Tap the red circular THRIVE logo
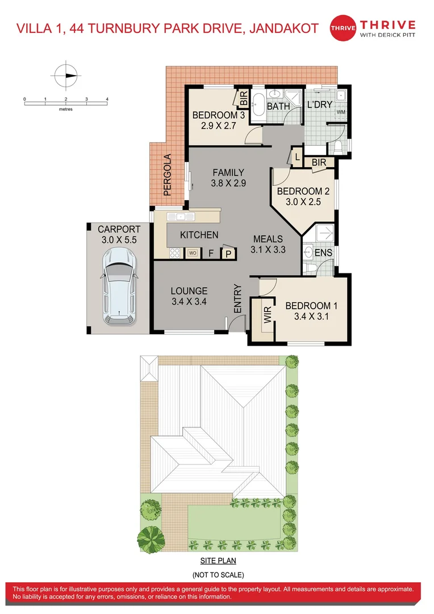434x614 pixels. [x=343, y=28]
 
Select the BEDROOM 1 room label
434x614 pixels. [x=311, y=306]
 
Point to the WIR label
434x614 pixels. [x=268, y=315]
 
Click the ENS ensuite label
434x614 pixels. [x=323, y=252]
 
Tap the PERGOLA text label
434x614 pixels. [x=168, y=175]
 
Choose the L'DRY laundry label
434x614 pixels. [x=320, y=105]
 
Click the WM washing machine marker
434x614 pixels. [x=341, y=112]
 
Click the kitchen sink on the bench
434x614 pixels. [x=181, y=217]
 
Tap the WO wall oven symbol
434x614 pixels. [x=193, y=253]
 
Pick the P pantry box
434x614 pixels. [x=228, y=254]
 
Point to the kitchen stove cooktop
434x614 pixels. [x=174, y=253]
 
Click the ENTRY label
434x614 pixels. [x=237, y=299]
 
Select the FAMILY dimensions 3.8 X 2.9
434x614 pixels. [x=228, y=183]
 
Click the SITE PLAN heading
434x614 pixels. [x=218, y=561]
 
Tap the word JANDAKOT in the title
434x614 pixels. [x=283, y=28]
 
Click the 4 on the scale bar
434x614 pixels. [x=107, y=99]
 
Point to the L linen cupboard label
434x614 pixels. [x=298, y=157]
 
